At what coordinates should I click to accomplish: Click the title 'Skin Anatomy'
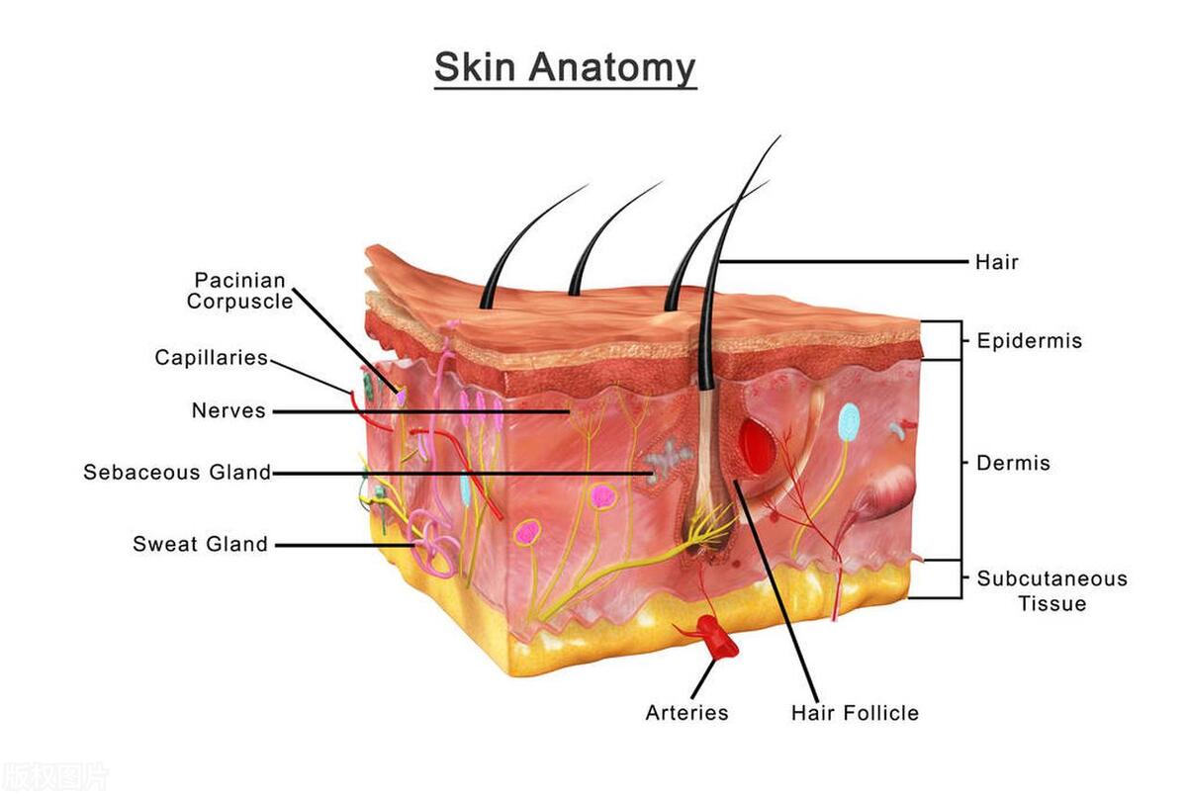coord(565,69)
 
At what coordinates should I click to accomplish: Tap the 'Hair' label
coord(997,262)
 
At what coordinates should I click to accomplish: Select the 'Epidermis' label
coord(1029,341)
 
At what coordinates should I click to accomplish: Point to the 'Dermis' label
coord(1013,463)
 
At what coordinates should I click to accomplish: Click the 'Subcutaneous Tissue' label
coord(1052,590)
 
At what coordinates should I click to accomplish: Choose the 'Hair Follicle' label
coord(855,713)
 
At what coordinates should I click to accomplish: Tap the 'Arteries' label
coord(686,713)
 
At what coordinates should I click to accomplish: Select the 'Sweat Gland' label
coord(200,544)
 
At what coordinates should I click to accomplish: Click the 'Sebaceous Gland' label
coord(177,472)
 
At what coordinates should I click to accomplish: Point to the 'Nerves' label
coord(228,410)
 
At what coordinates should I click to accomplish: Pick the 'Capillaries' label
coord(212,358)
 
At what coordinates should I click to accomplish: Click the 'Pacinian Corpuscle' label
coord(240,291)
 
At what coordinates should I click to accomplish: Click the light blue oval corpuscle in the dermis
coord(850,422)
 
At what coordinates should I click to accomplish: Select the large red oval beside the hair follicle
coord(759,446)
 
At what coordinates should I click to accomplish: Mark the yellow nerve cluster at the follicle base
coord(709,528)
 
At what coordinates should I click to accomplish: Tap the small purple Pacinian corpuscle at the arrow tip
coord(402,395)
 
